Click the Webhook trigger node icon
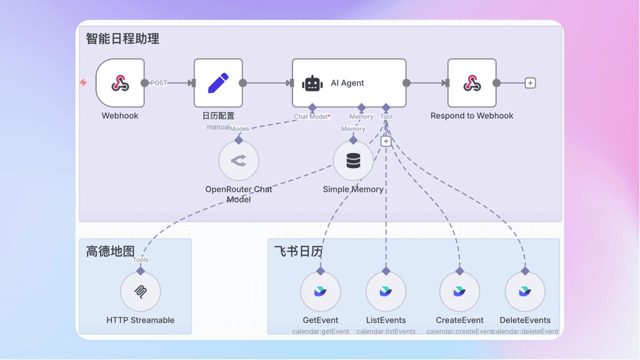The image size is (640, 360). click(x=120, y=83)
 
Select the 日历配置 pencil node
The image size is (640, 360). click(x=218, y=83)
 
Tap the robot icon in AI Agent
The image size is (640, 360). click(x=312, y=83)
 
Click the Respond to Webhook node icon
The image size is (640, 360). click(x=471, y=83)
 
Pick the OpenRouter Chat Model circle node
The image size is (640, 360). click(x=238, y=160)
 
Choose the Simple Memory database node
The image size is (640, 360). click(x=353, y=160)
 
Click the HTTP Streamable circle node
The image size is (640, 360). click(x=140, y=291)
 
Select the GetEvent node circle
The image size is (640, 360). click(x=320, y=291)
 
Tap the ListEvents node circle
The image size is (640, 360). click(x=386, y=291)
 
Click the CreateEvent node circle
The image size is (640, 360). click(x=459, y=291)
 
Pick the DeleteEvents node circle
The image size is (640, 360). click(x=525, y=291)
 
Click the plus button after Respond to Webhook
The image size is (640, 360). click(x=530, y=83)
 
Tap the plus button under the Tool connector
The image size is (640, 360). click(x=385, y=141)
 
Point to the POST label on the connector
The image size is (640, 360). click(x=159, y=83)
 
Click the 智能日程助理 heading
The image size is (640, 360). click(x=122, y=38)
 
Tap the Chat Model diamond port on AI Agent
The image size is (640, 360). click(x=312, y=107)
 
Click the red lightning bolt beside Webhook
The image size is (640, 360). click(x=83, y=82)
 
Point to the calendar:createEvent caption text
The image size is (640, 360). click(x=459, y=331)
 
